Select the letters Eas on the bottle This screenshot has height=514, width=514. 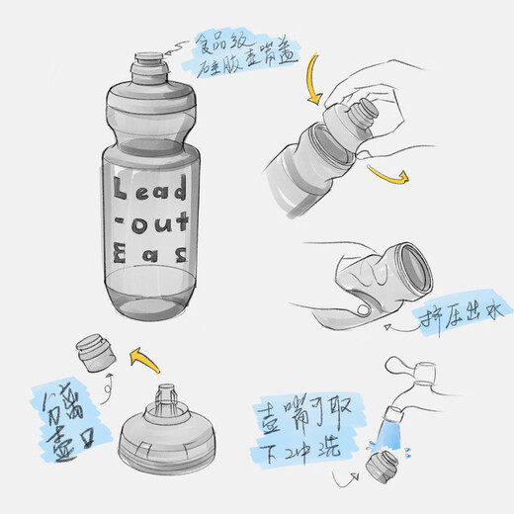pos(150,254)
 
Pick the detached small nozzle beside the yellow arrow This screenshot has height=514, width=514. pos(98,352)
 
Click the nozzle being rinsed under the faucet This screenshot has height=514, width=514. pos(380,467)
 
